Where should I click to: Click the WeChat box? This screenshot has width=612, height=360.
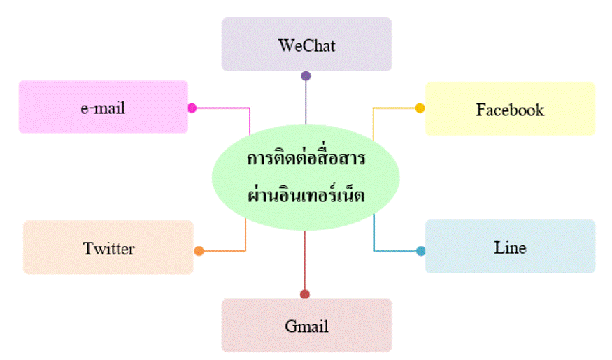[307, 44]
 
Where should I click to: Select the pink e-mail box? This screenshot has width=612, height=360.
[104, 107]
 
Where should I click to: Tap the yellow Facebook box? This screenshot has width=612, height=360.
[510, 109]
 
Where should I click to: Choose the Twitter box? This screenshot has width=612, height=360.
[108, 247]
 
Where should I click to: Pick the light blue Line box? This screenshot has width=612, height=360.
[510, 246]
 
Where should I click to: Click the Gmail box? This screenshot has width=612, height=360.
[307, 325]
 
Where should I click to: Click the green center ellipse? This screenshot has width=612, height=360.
[306, 177]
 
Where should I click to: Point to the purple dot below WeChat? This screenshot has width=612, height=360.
[306, 76]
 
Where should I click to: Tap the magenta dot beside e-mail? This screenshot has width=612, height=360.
[192, 108]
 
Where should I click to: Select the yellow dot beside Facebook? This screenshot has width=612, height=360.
[420, 108]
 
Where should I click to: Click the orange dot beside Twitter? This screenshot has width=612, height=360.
[199, 251]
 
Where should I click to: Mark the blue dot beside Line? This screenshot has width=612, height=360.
[421, 251]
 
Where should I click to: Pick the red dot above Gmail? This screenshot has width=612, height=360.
[305, 294]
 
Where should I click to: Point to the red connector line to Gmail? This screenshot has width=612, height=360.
[305, 260]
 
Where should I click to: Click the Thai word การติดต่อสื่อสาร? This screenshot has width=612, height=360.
[306, 157]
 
